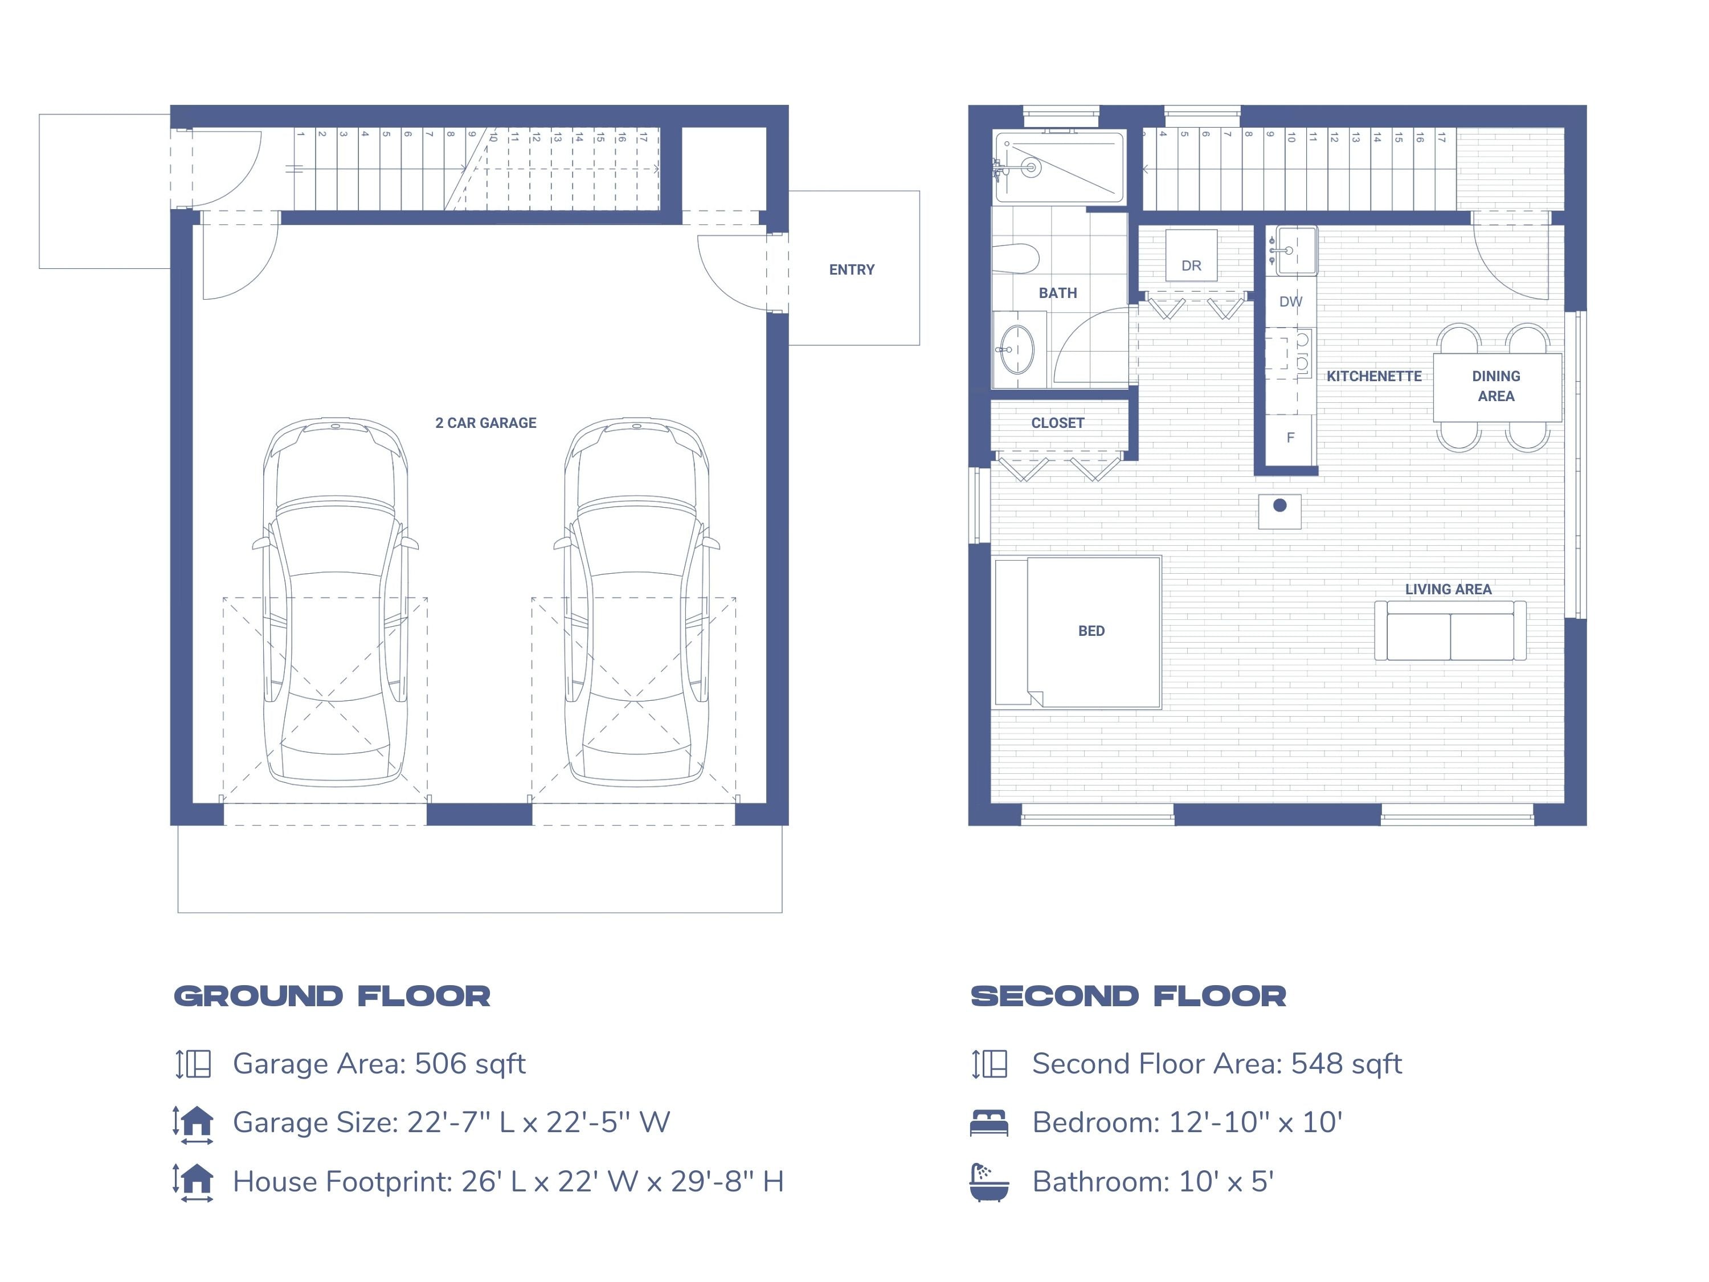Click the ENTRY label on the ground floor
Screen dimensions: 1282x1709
pyautogui.click(x=852, y=270)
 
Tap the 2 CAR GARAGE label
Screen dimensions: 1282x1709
pyautogui.click(x=485, y=423)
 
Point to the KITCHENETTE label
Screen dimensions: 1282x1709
pyautogui.click(x=1373, y=376)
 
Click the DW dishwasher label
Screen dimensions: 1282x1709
pyautogui.click(x=1290, y=301)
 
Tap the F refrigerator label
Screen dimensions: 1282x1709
pyautogui.click(x=1290, y=438)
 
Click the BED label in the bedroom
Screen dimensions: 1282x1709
pyautogui.click(x=1091, y=631)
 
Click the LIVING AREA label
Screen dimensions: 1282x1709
pyautogui.click(x=1448, y=589)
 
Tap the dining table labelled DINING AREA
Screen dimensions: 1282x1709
pyautogui.click(x=1496, y=386)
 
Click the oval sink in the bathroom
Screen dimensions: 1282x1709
pyautogui.click(x=1017, y=349)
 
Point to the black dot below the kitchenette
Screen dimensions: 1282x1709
pyautogui.click(x=1279, y=505)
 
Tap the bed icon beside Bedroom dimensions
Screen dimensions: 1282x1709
pyautogui.click(x=989, y=1123)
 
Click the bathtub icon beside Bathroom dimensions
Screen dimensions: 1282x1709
pyautogui.click(x=989, y=1182)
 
